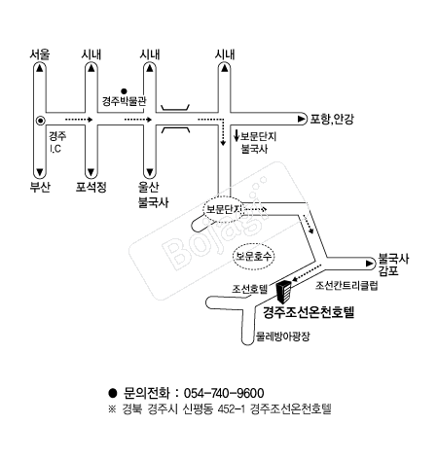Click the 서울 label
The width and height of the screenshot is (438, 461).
40,54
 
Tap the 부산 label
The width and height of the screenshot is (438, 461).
40,187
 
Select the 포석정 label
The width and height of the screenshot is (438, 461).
91,187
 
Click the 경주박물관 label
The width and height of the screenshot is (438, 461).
124,101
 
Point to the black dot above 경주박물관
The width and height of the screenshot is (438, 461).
124,91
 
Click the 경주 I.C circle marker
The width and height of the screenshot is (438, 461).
40,121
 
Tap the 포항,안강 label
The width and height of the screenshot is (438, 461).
332,120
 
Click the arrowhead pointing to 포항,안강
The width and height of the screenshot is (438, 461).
302,120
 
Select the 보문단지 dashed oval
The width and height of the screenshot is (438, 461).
224,209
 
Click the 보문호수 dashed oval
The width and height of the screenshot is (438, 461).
253,257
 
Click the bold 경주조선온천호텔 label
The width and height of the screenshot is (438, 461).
309,312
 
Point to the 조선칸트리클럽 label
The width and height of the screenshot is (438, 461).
347,285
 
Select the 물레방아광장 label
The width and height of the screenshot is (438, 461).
283,337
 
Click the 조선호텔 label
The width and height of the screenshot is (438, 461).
249,289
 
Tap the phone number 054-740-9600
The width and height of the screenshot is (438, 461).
224,393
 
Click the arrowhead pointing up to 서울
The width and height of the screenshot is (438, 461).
40,68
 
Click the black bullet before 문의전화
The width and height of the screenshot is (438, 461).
113,393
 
